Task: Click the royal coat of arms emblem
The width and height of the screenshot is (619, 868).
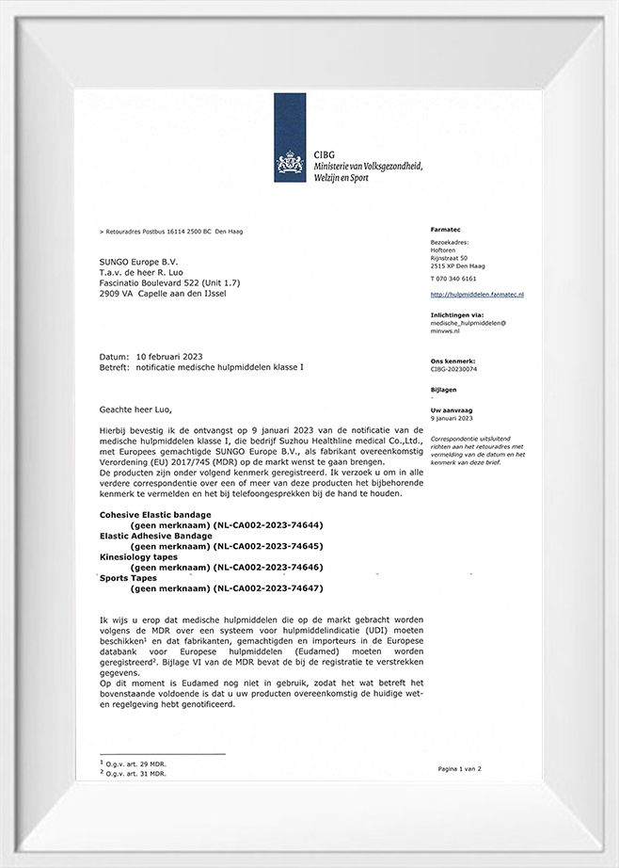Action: (290, 165)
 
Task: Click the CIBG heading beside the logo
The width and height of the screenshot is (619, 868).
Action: (325, 155)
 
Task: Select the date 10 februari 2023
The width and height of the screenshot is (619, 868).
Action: (168, 358)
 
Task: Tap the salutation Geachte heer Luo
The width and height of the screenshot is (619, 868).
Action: (136, 410)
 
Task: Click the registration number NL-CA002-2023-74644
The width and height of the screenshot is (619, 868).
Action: (268, 525)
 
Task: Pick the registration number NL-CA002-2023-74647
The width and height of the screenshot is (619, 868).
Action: (268, 588)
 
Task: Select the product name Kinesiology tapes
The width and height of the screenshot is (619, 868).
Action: (138, 557)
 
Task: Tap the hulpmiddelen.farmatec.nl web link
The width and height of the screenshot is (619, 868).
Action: (477, 295)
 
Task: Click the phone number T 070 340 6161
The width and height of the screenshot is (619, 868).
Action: (453, 279)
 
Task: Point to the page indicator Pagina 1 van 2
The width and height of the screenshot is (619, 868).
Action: (459, 769)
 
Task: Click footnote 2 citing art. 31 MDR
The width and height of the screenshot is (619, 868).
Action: (134, 773)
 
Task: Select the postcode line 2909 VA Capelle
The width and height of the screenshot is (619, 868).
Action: (162, 293)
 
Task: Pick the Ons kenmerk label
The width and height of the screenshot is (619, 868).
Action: (452, 361)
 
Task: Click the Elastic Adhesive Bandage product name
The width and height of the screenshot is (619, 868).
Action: (155, 536)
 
